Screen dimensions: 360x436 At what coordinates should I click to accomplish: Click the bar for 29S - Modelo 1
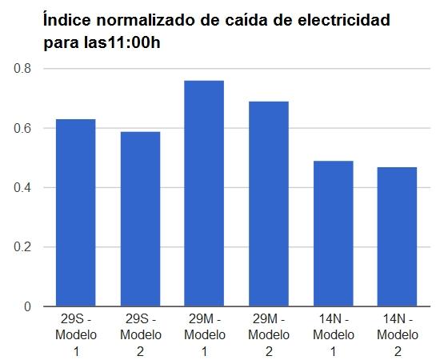pyautogui.click(x=75, y=213)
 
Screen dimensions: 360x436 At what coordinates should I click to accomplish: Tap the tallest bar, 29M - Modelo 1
pyautogui.click(x=204, y=194)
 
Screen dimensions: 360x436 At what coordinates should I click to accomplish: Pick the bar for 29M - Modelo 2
pyautogui.click(x=269, y=204)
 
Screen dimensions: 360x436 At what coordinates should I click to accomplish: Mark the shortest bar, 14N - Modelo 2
pyautogui.click(x=398, y=237)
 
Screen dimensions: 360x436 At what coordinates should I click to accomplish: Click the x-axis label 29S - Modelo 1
pyautogui.click(x=75, y=334)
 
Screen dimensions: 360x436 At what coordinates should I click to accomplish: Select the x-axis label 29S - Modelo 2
pyautogui.click(x=140, y=334)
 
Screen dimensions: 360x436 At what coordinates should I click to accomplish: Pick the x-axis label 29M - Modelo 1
pyautogui.click(x=204, y=334)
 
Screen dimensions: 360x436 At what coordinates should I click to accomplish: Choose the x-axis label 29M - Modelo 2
pyautogui.click(x=269, y=334)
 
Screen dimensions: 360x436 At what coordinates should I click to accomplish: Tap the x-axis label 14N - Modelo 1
pyautogui.click(x=333, y=334)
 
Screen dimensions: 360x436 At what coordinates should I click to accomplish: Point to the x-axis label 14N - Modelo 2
pyautogui.click(x=398, y=334)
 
